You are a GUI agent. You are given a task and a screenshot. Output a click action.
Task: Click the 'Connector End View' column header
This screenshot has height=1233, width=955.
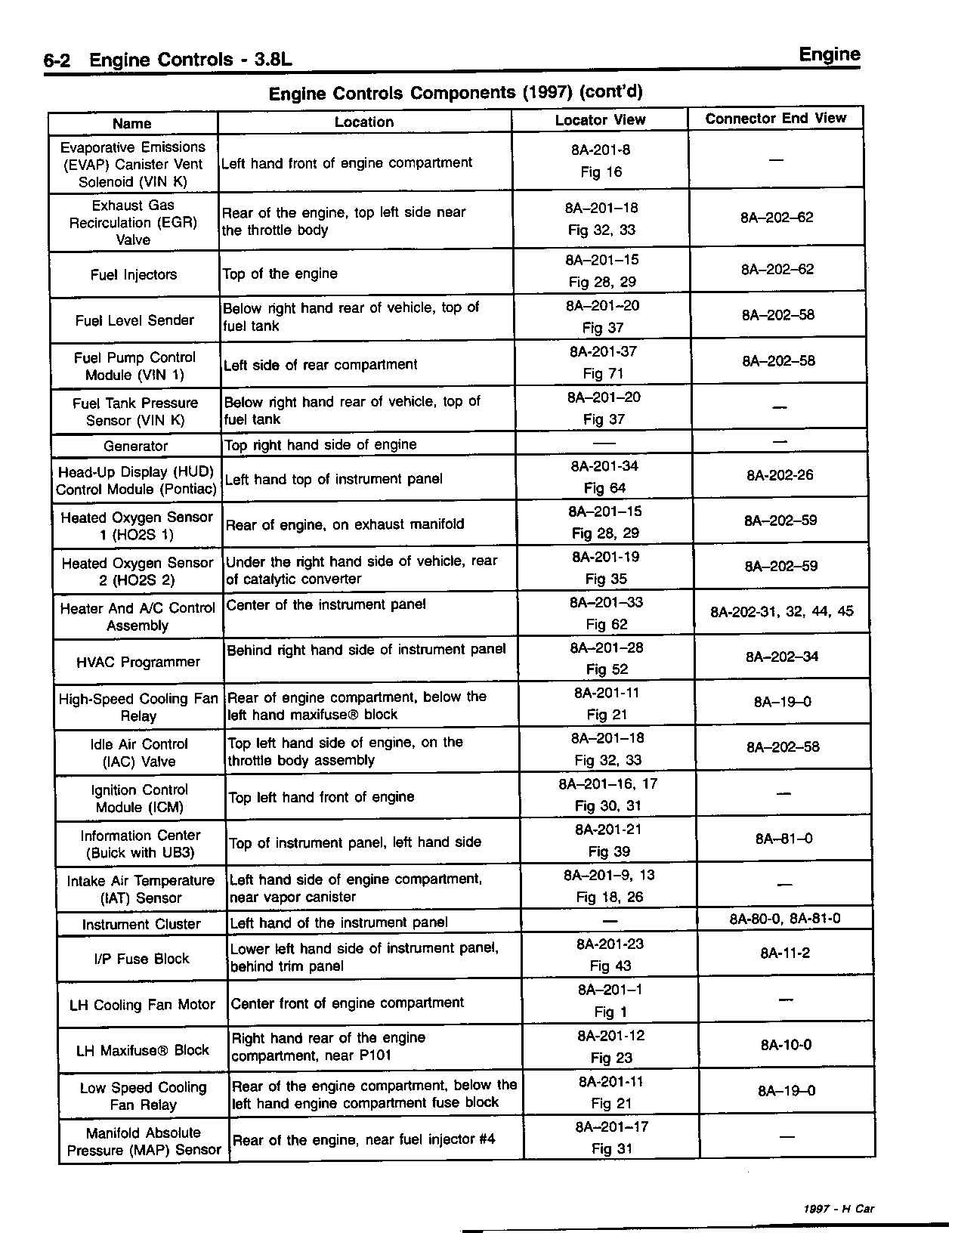click(775, 118)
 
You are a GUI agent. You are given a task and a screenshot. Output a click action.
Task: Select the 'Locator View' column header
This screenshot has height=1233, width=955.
click(600, 119)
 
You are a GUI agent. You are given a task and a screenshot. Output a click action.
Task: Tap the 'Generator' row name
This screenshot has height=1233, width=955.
click(136, 446)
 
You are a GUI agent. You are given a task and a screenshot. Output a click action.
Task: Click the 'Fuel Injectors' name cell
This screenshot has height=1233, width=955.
click(134, 274)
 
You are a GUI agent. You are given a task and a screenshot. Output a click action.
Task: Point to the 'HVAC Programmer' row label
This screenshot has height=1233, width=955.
click(138, 662)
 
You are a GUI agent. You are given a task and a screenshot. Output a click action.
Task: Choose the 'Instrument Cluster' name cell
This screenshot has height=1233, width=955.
click(141, 924)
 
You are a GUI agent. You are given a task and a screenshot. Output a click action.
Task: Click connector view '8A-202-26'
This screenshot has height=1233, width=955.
click(780, 475)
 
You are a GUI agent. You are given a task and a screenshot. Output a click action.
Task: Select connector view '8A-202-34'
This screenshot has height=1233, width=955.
click(782, 657)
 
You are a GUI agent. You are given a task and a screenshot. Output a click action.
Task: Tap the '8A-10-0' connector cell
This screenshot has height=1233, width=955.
click(786, 1045)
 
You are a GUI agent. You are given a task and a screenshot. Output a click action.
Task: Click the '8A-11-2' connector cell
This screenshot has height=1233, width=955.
click(785, 953)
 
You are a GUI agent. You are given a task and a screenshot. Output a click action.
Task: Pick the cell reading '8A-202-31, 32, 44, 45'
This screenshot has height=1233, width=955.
click(782, 611)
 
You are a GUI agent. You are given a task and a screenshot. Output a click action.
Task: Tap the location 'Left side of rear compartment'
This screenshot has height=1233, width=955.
click(320, 364)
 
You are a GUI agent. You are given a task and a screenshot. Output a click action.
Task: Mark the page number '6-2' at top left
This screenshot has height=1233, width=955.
click(57, 60)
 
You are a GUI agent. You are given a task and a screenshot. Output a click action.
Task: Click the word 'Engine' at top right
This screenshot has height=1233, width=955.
click(829, 54)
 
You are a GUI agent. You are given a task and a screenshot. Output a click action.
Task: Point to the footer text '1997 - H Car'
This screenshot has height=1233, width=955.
click(839, 1209)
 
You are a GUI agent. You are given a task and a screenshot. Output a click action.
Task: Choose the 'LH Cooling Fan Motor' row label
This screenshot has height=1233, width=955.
click(142, 1005)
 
